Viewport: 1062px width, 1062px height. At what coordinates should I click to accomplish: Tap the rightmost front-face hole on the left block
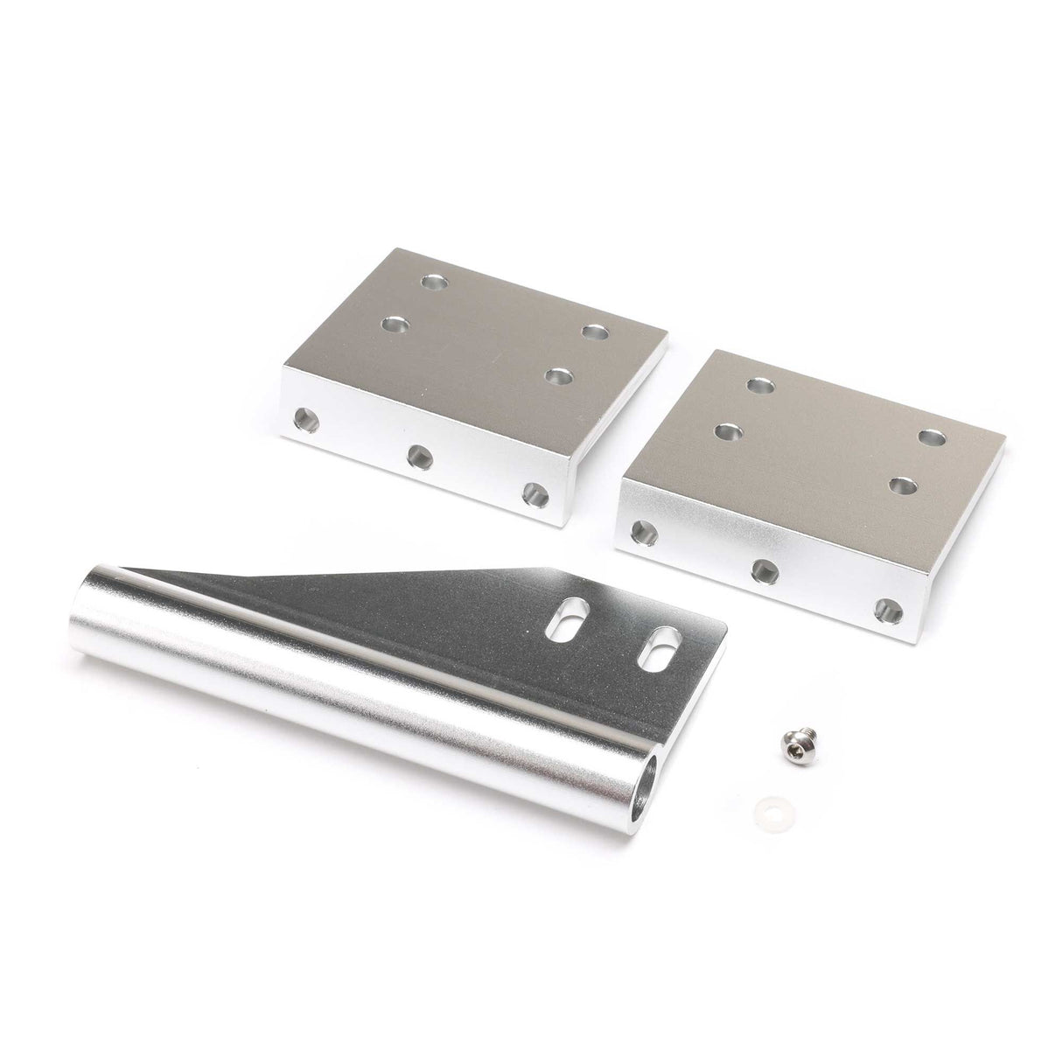(x=533, y=494)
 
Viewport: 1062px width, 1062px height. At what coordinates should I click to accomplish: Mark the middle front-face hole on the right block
(x=763, y=570)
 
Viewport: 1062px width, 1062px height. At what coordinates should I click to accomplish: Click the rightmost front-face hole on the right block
(x=887, y=611)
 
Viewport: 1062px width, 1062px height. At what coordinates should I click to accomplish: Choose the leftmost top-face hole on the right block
(x=727, y=430)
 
